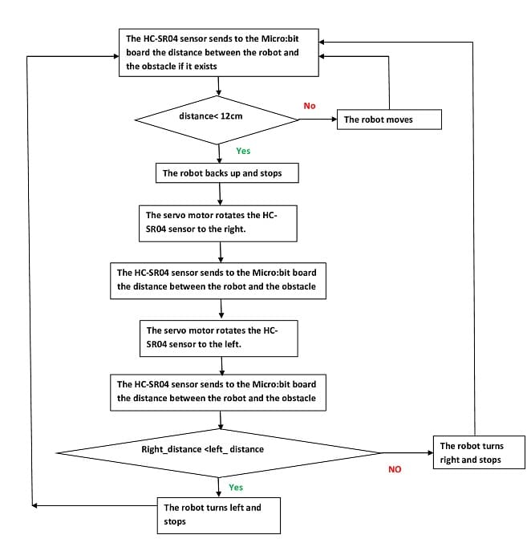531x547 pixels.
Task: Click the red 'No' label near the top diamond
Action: click(310, 106)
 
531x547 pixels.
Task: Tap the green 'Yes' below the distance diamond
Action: click(243, 151)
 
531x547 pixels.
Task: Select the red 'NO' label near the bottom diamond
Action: click(395, 469)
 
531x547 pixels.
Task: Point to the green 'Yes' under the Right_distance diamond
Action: click(236, 488)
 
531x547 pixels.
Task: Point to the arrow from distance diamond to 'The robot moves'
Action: click(318, 120)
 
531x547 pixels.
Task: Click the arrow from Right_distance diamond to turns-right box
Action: click(407, 453)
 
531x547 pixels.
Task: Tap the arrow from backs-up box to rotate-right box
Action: click(220, 194)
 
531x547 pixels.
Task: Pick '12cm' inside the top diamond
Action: click(231, 116)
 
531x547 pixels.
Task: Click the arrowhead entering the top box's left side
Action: click(116, 56)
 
